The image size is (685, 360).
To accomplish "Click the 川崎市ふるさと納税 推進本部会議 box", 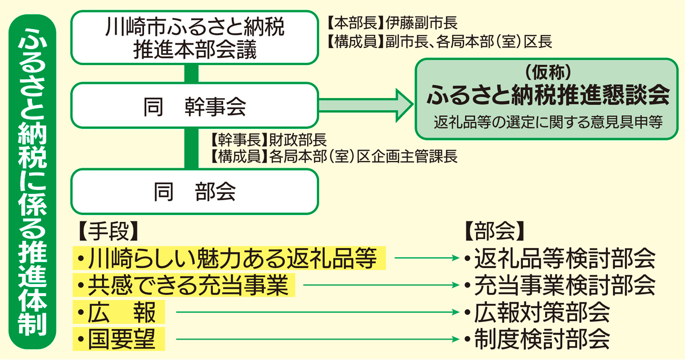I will (x=194, y=38).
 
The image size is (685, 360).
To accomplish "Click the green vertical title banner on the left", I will (x=34, y=180).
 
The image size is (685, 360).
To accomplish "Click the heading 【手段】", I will (x=108, y=229).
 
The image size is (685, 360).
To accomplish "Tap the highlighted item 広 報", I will (x=119, y=313).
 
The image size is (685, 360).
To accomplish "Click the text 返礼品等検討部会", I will (x=559, y=259).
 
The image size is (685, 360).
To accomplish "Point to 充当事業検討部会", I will (x=559, y=285).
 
